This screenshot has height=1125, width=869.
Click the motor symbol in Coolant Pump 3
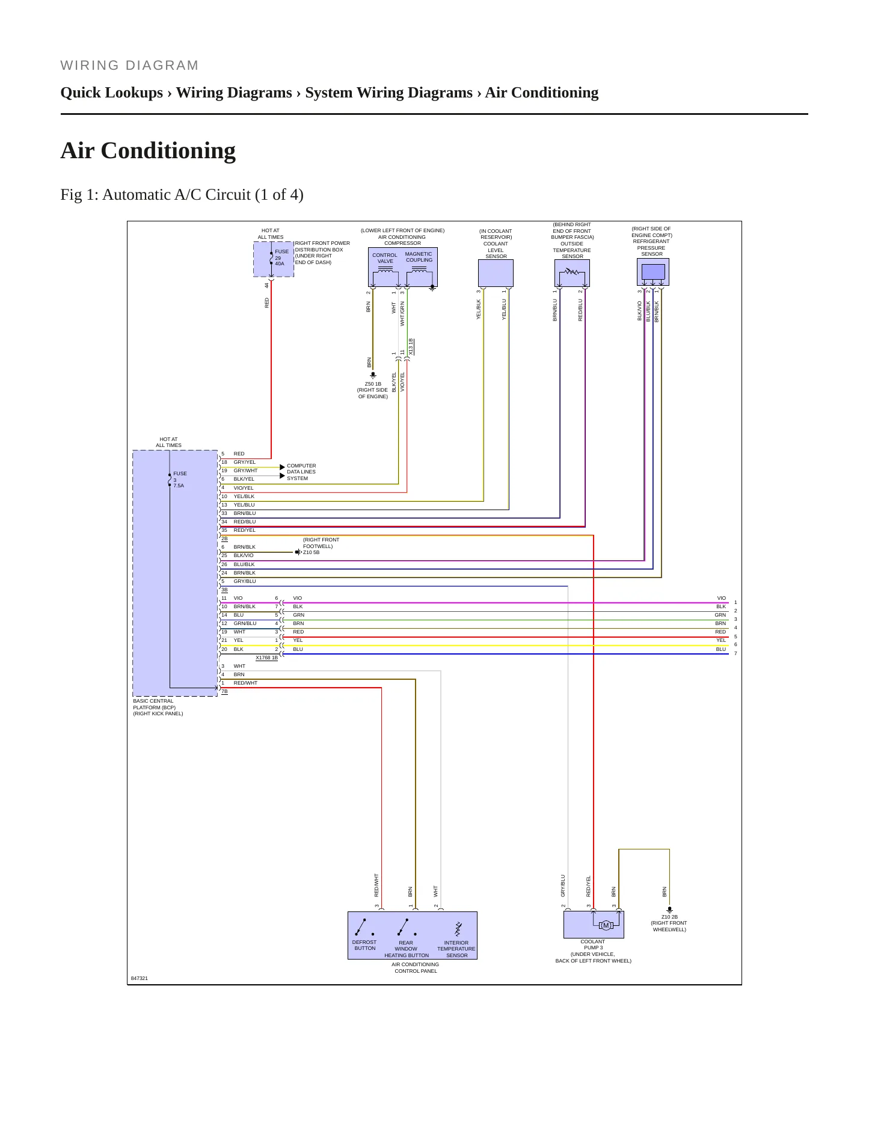(x=606, y=925)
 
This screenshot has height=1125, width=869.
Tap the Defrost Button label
(x=364, y=945)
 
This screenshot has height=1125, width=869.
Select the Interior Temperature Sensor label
(x=456, y=949)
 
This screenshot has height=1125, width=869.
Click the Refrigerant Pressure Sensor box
(x=653, y=272)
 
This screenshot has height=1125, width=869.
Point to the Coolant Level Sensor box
(x=496, y=273)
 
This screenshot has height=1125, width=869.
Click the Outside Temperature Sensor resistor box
(x=572, y=273)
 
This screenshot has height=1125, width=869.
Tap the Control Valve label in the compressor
(x=385, y=258)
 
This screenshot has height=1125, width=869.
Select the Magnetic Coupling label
(x=419, y=257)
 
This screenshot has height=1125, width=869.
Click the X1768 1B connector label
(x=266, y=658)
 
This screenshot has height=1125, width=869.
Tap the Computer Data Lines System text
(x=301, y=472)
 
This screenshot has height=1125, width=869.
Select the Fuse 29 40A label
(x=281, y=257)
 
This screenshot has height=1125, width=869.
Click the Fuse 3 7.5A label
(x=180, y=479)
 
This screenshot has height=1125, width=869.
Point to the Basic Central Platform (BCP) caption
(x=158, y=707)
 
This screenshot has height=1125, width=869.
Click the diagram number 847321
(x=140, y=978)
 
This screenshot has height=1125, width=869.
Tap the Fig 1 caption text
(x=182, y=195)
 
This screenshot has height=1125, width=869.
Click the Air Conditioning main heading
(x=148, y=150)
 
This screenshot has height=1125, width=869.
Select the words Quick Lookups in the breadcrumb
(x=112, y=93)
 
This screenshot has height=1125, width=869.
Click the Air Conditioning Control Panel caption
(x=415, y=967)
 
